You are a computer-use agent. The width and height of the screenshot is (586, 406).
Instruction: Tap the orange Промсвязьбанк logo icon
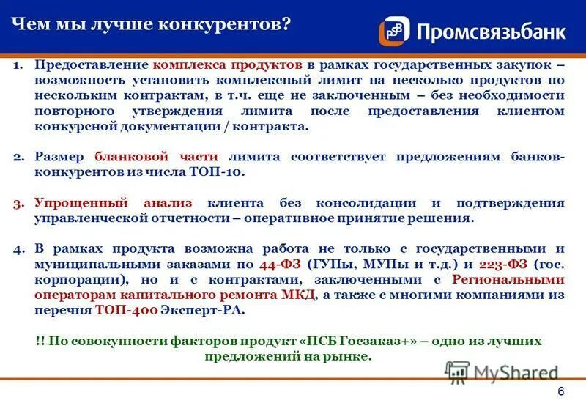[394, 31]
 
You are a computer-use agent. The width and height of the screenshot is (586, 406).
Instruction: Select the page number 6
[560, 391]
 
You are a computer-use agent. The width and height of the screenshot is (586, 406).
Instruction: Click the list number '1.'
[20, 64]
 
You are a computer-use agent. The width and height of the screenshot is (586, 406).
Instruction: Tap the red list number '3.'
[20, 202]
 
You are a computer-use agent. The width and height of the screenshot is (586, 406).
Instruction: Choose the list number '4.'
[20, 248]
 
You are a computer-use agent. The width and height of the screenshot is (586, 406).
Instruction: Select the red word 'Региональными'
[508, 279]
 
